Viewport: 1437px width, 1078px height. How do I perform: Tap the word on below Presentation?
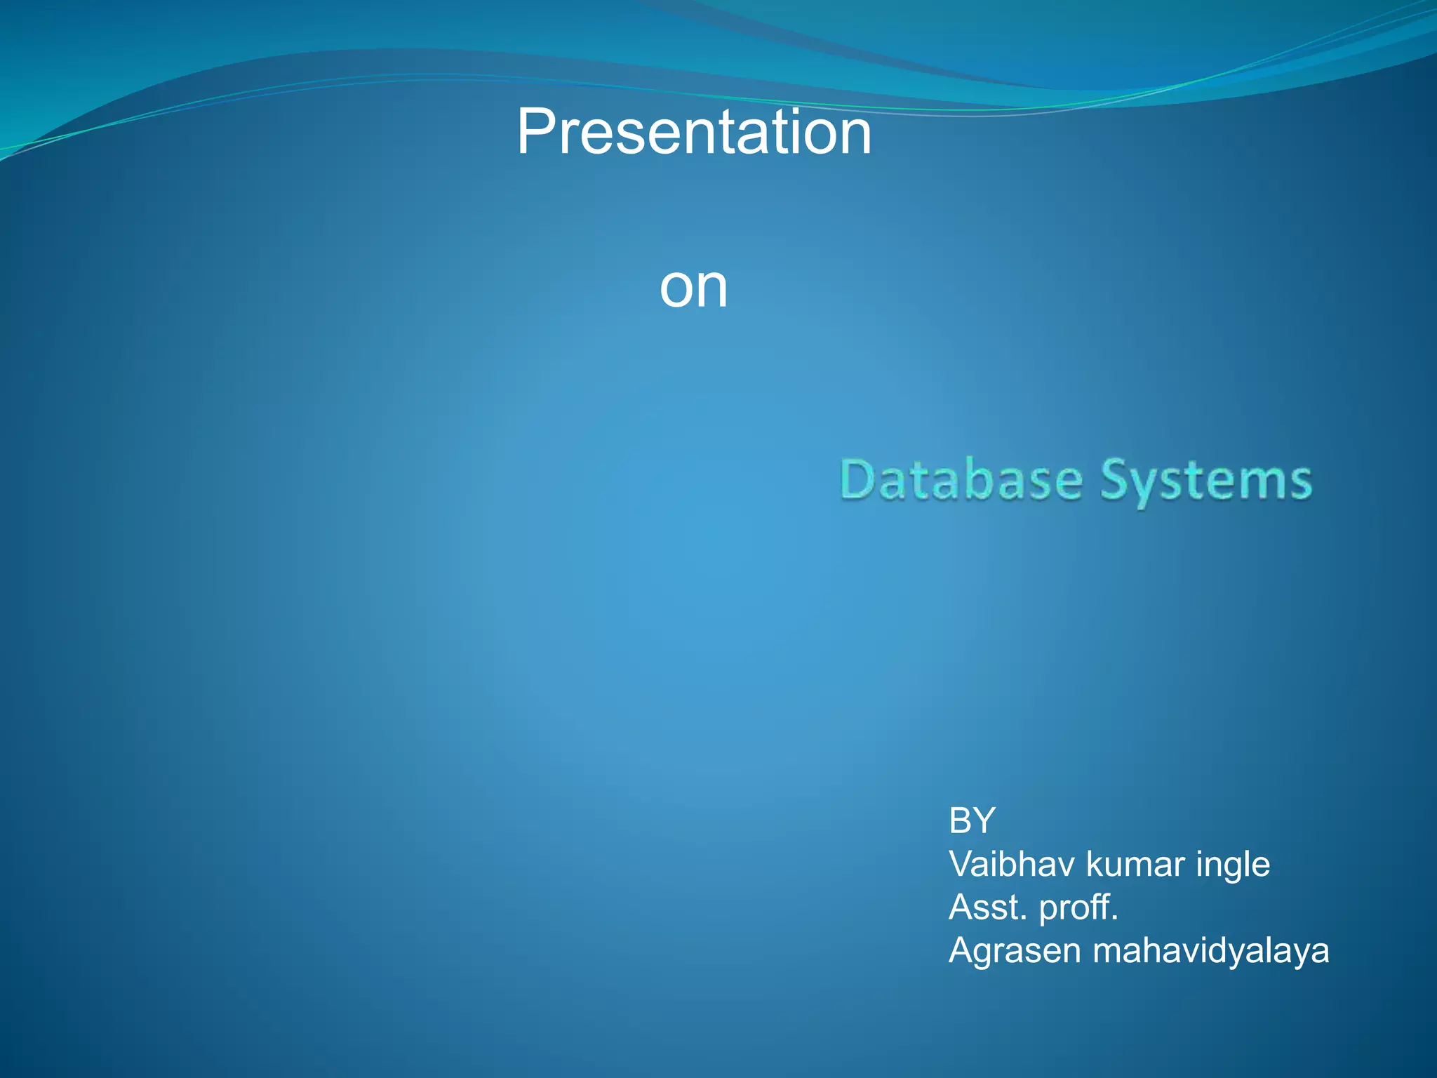(x=693, y=288)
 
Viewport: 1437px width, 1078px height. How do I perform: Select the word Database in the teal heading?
(x=961, y=481)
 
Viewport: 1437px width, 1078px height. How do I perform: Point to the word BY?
(x=972, y=820)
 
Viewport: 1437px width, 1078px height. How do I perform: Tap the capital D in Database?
(x=857, y=481)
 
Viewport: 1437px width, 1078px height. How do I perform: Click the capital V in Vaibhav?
(x=961, y=864)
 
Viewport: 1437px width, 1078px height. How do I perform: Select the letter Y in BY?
(x=984, y=820)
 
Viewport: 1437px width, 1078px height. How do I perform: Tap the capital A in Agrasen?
(x=961, y=951)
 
